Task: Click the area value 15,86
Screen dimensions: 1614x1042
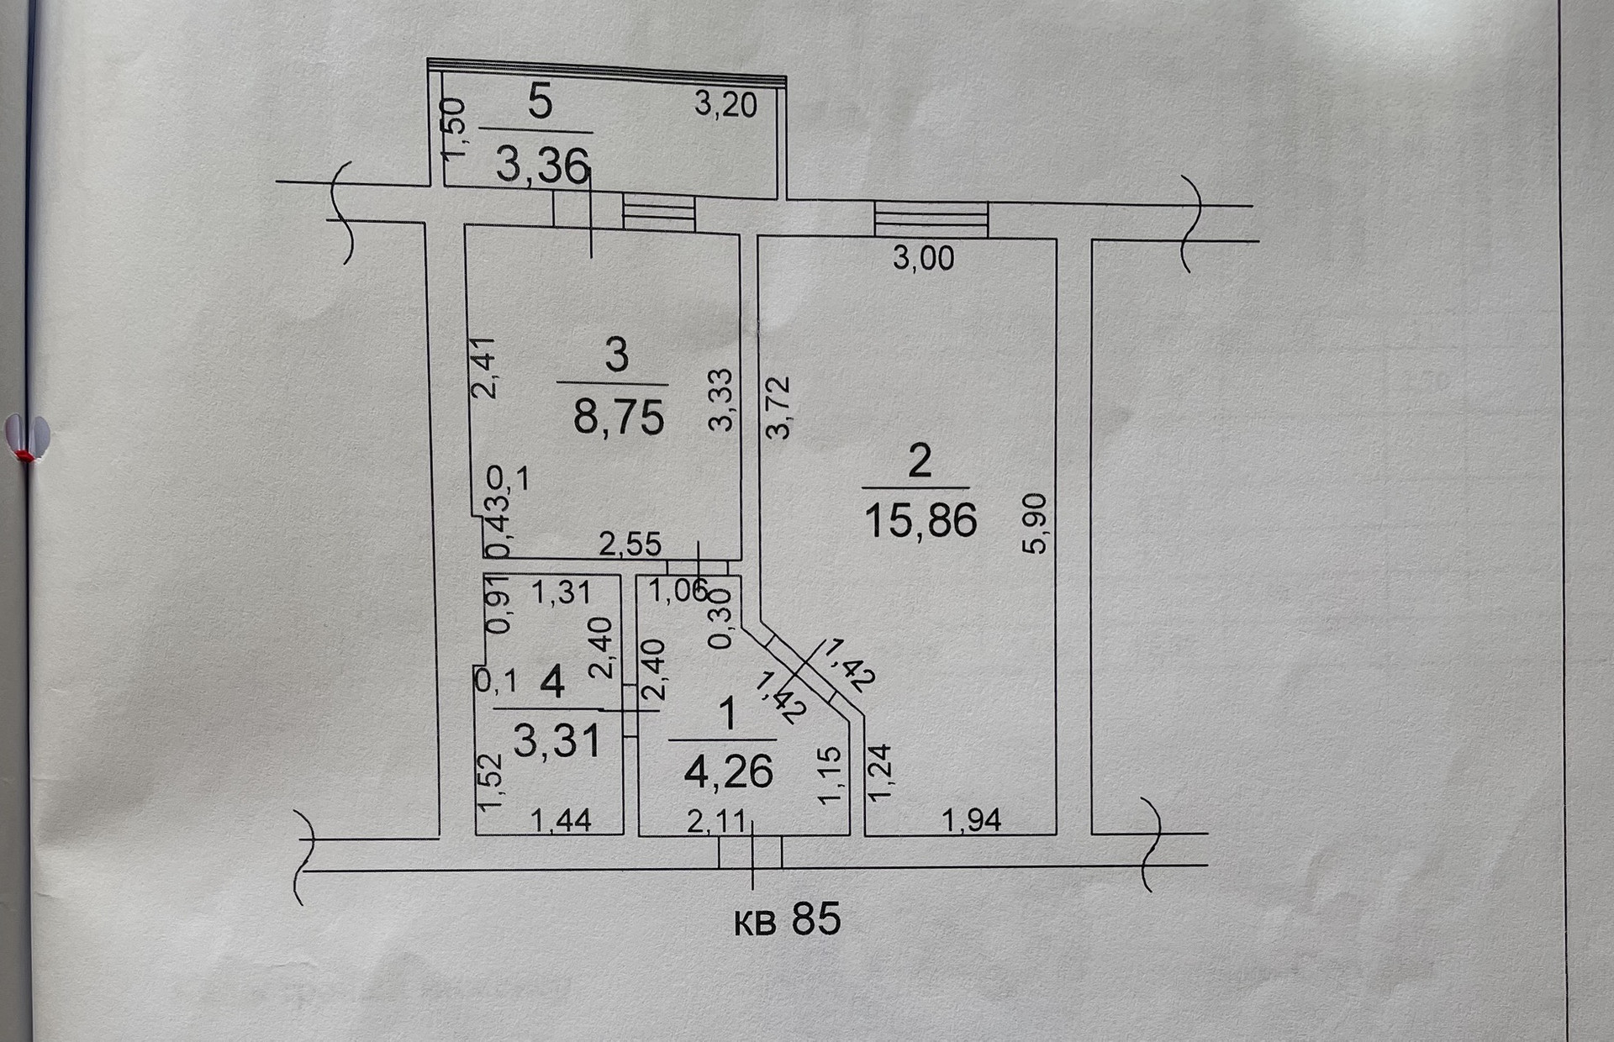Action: pos(920,520)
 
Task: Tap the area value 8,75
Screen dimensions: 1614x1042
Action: pos(619,417)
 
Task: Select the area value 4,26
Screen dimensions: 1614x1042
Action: pos(728,771)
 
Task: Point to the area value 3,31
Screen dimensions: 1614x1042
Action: pos(556,741)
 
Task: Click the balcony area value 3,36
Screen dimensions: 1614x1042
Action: pos(541,165)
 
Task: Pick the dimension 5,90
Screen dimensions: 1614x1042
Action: pos(1035,523)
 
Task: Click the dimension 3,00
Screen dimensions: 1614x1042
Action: pos(923,258)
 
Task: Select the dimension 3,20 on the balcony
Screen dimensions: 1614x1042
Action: pos(725,104)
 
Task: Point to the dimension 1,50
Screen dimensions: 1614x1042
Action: pos(453,128)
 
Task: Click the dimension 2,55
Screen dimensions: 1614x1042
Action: pos(630,545)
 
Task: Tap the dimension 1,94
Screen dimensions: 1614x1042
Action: pos(971,819)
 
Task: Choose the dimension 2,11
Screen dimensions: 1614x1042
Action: pos(716,821)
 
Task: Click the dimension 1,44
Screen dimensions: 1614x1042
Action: pos(561,819)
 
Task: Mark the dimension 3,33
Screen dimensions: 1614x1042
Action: pos(720,400)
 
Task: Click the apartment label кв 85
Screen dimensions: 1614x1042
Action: pos(787,920)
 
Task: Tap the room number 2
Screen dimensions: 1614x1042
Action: pos(920,461)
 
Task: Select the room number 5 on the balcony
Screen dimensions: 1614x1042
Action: pos(540,103)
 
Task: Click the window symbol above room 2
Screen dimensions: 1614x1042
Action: pos(931,219)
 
